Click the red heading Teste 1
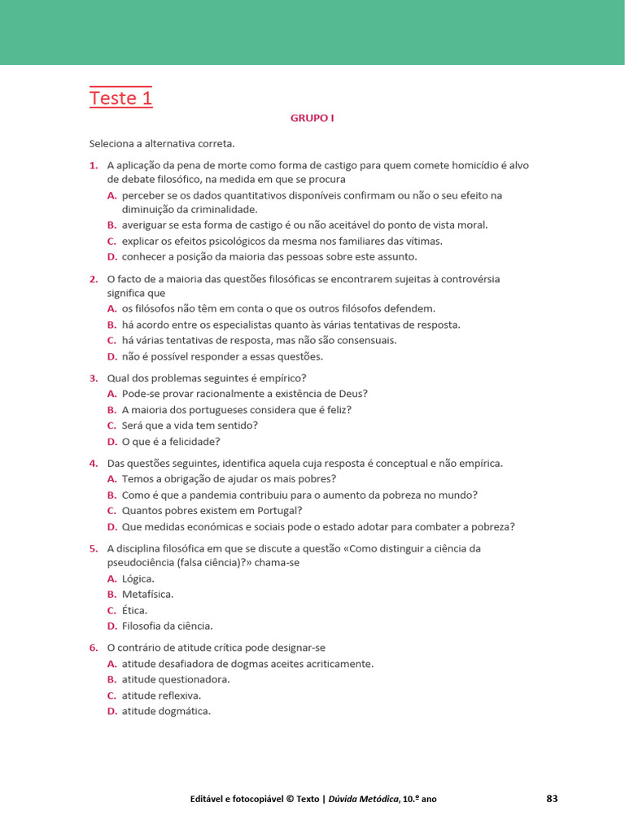click(120, 98)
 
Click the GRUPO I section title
click(312, 118)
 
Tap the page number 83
click(552, 798)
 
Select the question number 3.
click(94, 378)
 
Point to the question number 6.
click(94, 648)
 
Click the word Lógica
click(138, 578)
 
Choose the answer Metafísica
click(147, 595)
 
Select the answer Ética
click(134, 610)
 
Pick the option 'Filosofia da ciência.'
click(167, 626)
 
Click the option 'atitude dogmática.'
click(166, 711)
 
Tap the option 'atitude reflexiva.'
click(161, 696)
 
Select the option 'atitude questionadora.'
click(176, 679)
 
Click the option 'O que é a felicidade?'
click(171, 442)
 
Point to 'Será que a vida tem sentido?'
click(190, 425)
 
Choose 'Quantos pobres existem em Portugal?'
click(212, 511)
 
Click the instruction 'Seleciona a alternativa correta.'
click(162, 144)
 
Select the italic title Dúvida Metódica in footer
click(361, 799)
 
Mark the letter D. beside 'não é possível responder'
click(112, 356)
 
